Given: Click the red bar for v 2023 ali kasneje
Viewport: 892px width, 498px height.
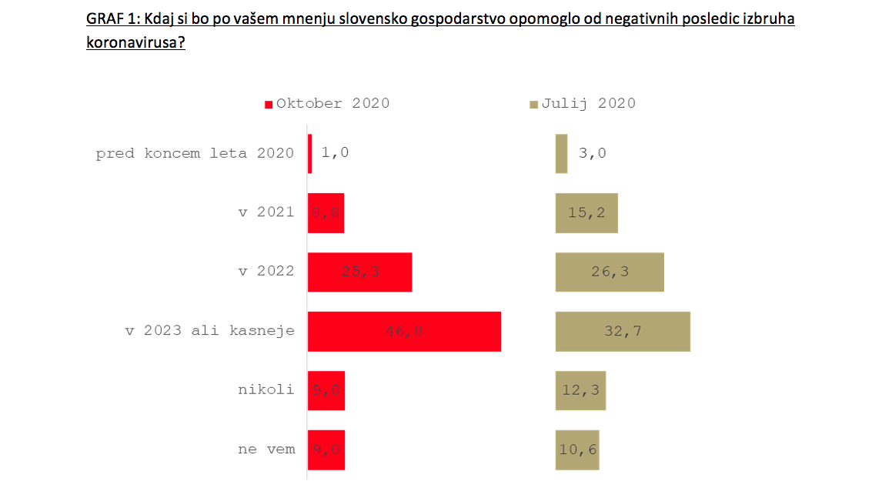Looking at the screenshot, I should point(404,332).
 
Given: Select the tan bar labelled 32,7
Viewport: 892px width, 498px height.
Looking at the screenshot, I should point(623,332).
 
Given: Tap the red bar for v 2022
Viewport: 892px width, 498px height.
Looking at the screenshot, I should point(359,272).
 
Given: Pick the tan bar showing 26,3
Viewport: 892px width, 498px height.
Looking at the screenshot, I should point(610,272).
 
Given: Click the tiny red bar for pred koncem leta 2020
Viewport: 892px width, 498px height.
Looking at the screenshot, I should point(310,153).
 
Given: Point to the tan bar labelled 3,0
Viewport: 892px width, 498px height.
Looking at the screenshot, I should point(561,153).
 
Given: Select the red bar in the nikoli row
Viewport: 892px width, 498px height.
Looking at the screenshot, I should point(326,390).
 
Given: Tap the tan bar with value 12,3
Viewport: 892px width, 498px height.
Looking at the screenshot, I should point(580,390).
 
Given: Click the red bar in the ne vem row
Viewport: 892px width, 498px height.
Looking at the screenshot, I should point(326,450).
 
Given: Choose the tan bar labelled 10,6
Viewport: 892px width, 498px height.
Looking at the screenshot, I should point(577,450).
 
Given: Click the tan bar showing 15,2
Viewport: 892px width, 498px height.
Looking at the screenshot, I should point(586,213).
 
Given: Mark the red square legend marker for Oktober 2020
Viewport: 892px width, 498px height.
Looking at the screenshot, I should point(269,105).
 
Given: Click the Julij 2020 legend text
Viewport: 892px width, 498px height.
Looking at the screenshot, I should point(588,104).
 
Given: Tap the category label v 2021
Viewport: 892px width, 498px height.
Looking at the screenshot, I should point(266,212).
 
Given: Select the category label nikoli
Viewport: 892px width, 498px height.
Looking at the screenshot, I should point(266,389).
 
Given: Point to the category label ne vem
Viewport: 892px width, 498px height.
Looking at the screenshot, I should point(266,449).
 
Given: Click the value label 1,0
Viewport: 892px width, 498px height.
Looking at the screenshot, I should point(335,153).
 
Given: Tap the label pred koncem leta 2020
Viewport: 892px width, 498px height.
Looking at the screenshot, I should point(195,153).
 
